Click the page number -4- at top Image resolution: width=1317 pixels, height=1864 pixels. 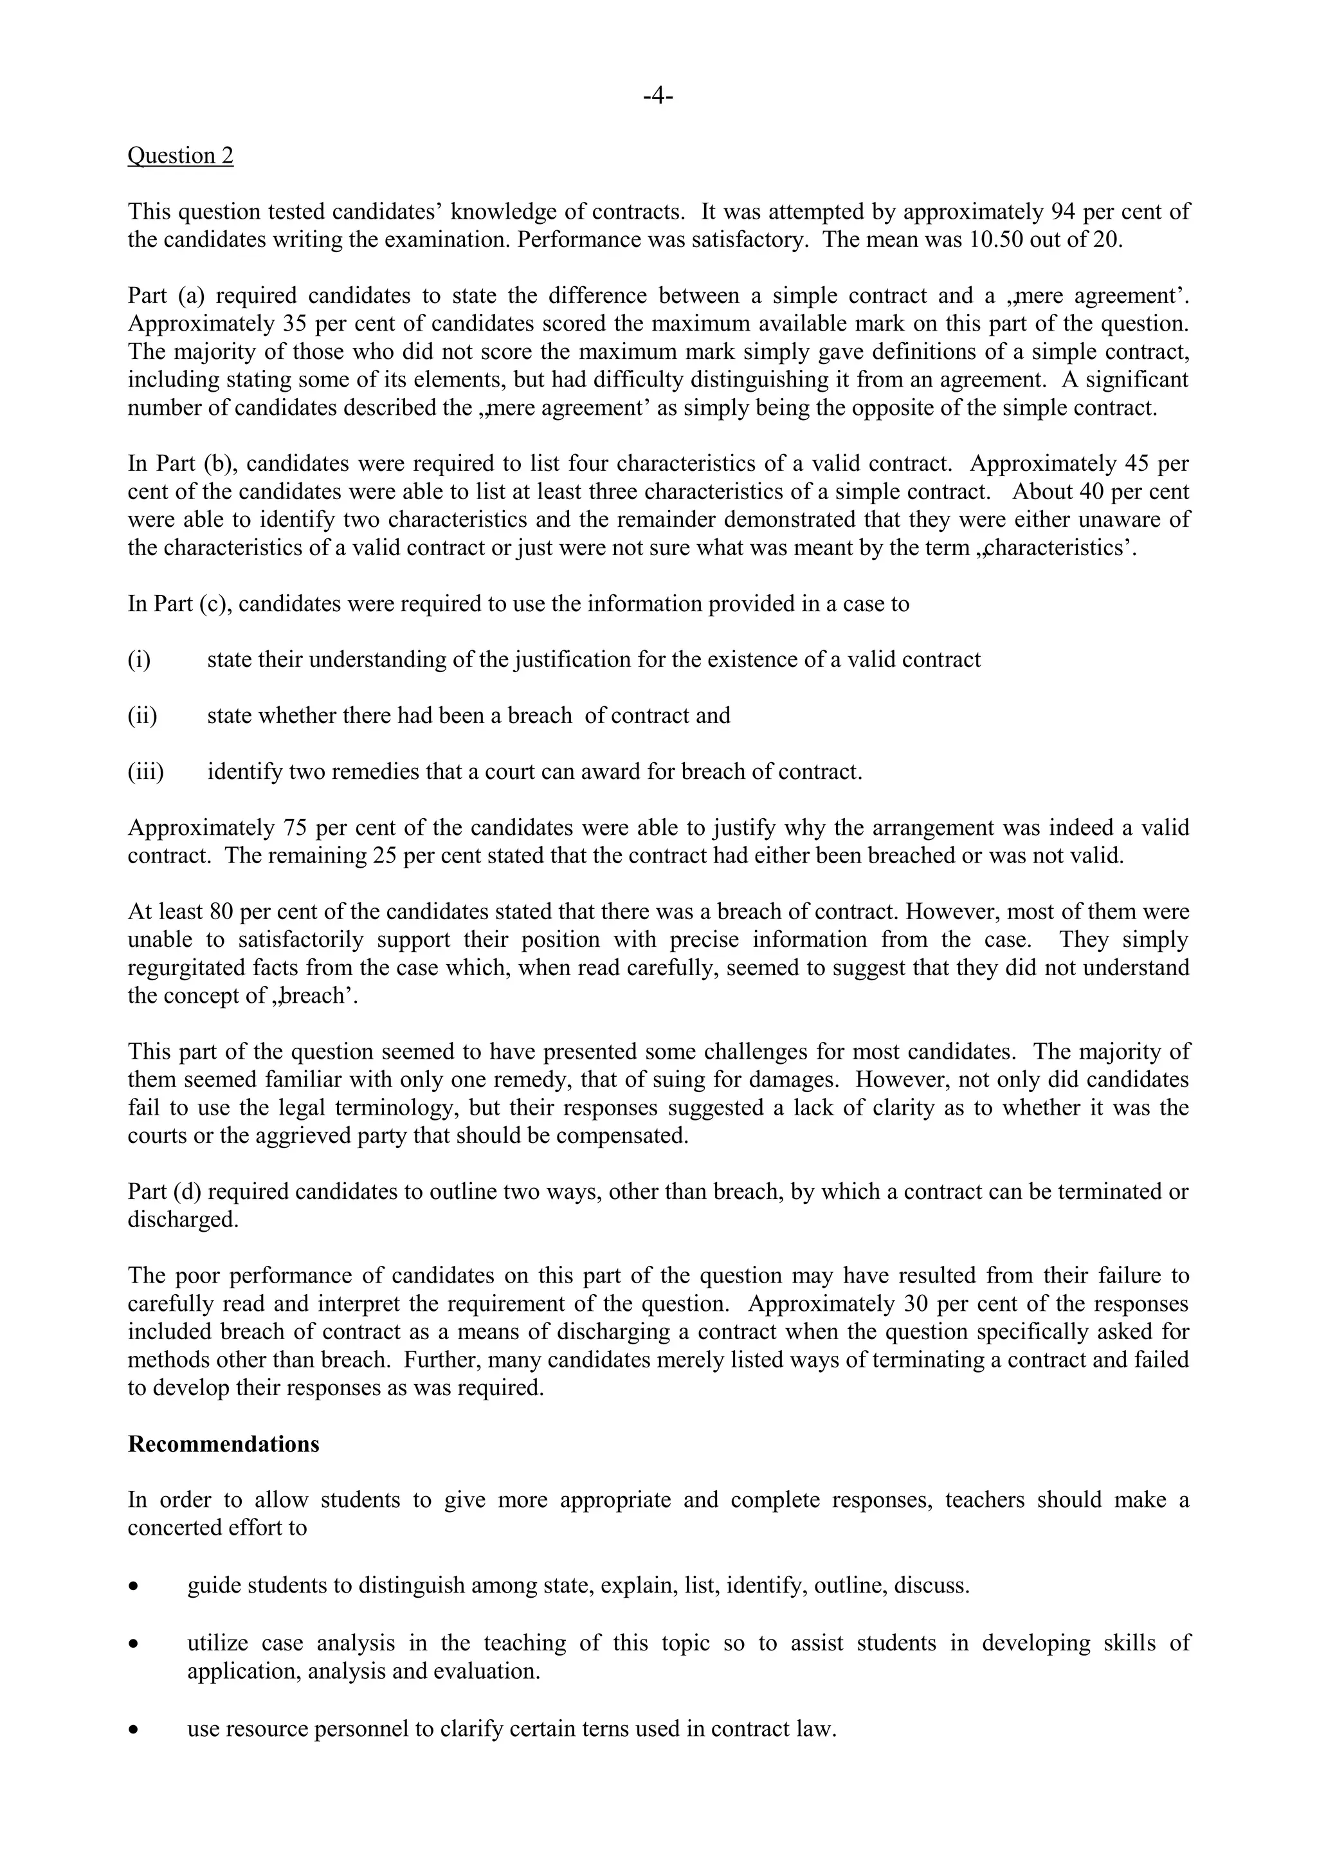tap(658, 96)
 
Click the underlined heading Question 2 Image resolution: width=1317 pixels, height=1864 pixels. tap(180, 156)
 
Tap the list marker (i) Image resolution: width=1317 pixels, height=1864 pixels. tap(139, 660)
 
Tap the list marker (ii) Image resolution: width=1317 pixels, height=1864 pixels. tap(142, 716)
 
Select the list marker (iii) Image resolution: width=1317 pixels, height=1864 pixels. tap(145, 771)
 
